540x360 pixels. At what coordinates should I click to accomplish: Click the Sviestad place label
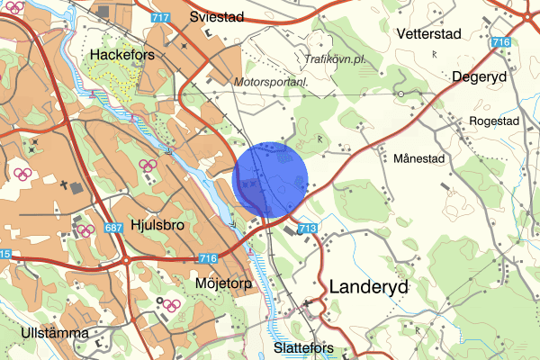(220, 16)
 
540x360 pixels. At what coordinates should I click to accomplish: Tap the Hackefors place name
(124, 55)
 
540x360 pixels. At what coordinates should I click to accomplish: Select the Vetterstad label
(428, 33)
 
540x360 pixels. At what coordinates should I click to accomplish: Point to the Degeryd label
(480, 76)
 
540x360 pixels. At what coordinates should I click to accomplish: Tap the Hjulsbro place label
(157, 225)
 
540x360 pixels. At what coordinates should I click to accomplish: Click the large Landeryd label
(369, 287)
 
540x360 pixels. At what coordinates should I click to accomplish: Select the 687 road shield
(113, 229)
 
